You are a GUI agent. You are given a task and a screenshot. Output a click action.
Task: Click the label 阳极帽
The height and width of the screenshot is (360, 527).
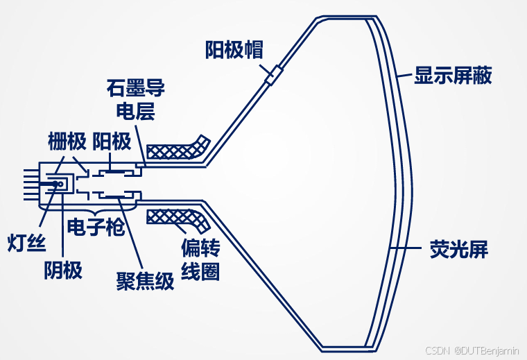tap(234, 49)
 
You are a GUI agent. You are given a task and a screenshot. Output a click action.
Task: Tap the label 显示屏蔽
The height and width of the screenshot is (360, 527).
tap(453, 76)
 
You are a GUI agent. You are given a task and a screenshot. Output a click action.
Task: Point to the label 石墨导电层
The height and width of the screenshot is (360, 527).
tap(135, 101)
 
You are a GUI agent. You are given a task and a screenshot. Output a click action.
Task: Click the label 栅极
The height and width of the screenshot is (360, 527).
tap(67, 142)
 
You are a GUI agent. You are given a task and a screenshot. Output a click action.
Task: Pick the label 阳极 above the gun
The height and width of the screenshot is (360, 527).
tap(112, 142)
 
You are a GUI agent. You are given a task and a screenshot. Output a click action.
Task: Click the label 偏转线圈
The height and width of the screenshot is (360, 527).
tap(200, 259)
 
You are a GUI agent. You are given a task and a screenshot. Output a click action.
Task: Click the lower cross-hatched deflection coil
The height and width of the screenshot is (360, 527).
tap(179, 220)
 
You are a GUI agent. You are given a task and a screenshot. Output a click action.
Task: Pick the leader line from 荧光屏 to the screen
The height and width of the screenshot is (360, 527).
tap(409, 248)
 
